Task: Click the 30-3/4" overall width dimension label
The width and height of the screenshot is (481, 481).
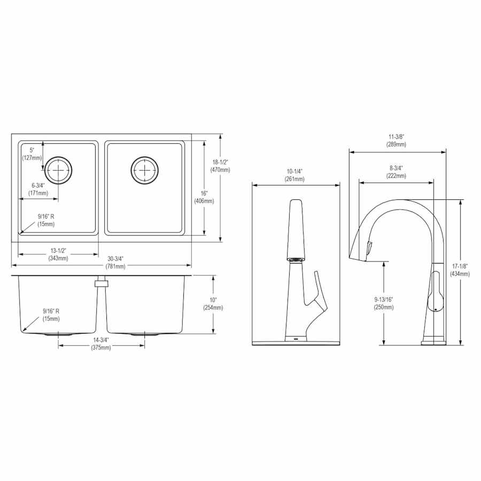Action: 115,262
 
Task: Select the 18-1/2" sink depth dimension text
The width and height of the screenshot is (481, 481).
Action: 220,166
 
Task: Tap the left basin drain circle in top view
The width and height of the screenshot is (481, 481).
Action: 58,170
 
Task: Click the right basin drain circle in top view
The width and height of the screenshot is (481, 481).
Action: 144,170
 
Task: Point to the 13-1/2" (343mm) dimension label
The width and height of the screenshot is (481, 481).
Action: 58,254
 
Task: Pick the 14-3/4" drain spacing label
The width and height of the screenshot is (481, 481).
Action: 101,344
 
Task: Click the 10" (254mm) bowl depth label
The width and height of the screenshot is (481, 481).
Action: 213,304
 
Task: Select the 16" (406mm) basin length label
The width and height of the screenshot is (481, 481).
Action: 204,197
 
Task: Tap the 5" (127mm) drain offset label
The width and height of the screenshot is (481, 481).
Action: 32,154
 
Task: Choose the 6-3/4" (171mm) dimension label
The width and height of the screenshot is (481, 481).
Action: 38,189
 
